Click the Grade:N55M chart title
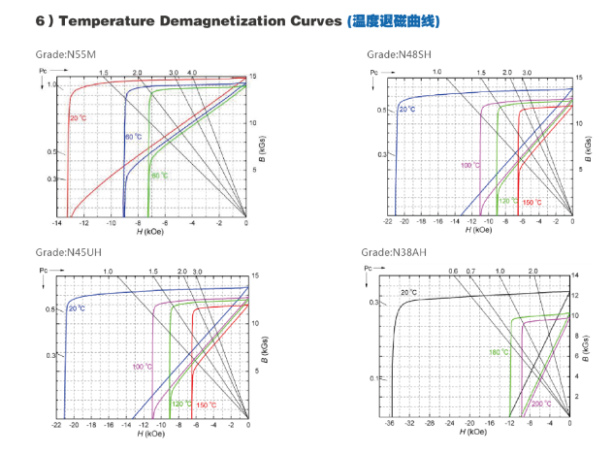pos(67,54)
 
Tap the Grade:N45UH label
pos(67,252)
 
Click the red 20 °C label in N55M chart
pos(79,118)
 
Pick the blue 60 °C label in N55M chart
pos(133,137)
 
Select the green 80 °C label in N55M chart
pos(158,176)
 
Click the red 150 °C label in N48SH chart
pos(532,203)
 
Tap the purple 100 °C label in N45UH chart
pos(142,367)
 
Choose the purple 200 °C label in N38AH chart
pos(540,404)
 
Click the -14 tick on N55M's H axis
pos(57,223)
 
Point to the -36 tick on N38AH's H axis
pos(390,425)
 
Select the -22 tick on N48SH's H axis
pos(387,223)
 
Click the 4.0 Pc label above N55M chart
pos(192,73)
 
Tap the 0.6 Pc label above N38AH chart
pos(452,272)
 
